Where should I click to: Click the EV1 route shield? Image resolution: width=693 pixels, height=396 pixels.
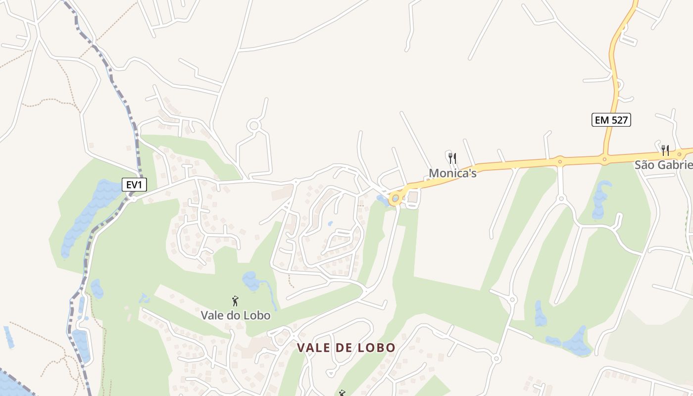pyautogui.click(x=134, y=185)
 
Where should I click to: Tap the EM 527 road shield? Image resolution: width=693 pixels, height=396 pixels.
pyautogui.click(x=611, y=119)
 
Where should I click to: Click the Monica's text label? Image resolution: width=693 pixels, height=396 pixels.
pyautogui.click(x=452, y=173)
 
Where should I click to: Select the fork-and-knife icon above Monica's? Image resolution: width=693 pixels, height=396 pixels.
pyautogui.click(x=452, y=158)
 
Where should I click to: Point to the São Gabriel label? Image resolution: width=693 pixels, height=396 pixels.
pyautogui.click(x=663, y=165)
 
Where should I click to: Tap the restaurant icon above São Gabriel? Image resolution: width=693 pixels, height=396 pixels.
pyautogui.click(x=665, y=150)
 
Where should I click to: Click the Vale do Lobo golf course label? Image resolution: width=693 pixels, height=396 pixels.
pyautogui.click(x=236, y=315)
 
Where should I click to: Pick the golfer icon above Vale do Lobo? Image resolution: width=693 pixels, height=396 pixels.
pyautogui.click(x=236, y=300)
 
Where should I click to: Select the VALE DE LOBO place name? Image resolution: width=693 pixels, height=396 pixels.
pyautogui.click(x=346, y=347)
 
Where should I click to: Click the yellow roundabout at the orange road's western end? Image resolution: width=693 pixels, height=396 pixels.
pyautogui.click(x=395, y=198)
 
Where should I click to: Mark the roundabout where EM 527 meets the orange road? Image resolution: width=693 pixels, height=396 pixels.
pyautogui.click(x=604, y=159)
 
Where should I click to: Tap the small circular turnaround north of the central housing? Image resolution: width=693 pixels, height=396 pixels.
pyautogui.click(x=254, y=125)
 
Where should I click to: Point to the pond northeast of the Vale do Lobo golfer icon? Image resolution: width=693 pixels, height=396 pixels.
pyautogui.click(x=252, y=281)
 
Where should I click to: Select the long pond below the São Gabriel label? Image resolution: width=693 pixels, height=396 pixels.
pyautogui.click(x=600, y=199)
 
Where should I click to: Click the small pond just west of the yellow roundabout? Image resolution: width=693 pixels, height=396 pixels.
pyautogui.click(x=382, y=200)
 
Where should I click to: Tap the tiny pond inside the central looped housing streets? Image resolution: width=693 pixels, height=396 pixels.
pyautogui.click(x=330, y=224)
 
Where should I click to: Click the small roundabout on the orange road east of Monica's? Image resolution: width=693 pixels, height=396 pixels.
pyautogui.click(x=560, y=160)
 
